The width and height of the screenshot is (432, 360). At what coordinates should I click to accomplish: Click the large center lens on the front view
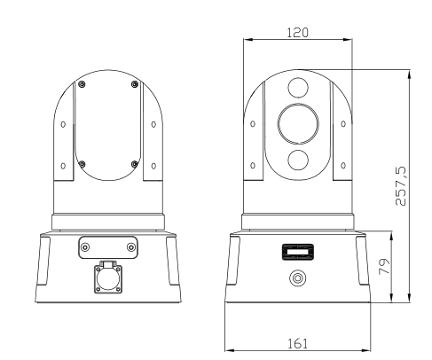[x=295, y=122]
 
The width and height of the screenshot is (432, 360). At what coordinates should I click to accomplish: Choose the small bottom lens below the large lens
[x=295, y=159]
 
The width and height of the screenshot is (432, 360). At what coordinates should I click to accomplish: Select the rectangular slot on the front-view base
[x=296, y=252]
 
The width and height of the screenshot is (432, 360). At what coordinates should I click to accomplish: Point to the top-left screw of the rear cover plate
[x=82, y=84]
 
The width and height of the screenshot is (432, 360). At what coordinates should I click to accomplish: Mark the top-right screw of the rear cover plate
[x=133, y=84]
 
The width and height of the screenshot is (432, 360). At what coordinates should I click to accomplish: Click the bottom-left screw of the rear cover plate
[x=82, y=162]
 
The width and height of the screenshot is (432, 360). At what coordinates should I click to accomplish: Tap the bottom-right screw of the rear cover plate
[x=133, y=162]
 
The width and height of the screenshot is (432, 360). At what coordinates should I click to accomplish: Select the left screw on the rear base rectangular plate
[x=85, y=247]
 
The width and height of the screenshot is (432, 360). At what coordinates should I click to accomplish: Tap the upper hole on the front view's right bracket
[x=339, y=123]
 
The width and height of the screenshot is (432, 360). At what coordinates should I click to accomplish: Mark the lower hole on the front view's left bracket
[x=253, y=166]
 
